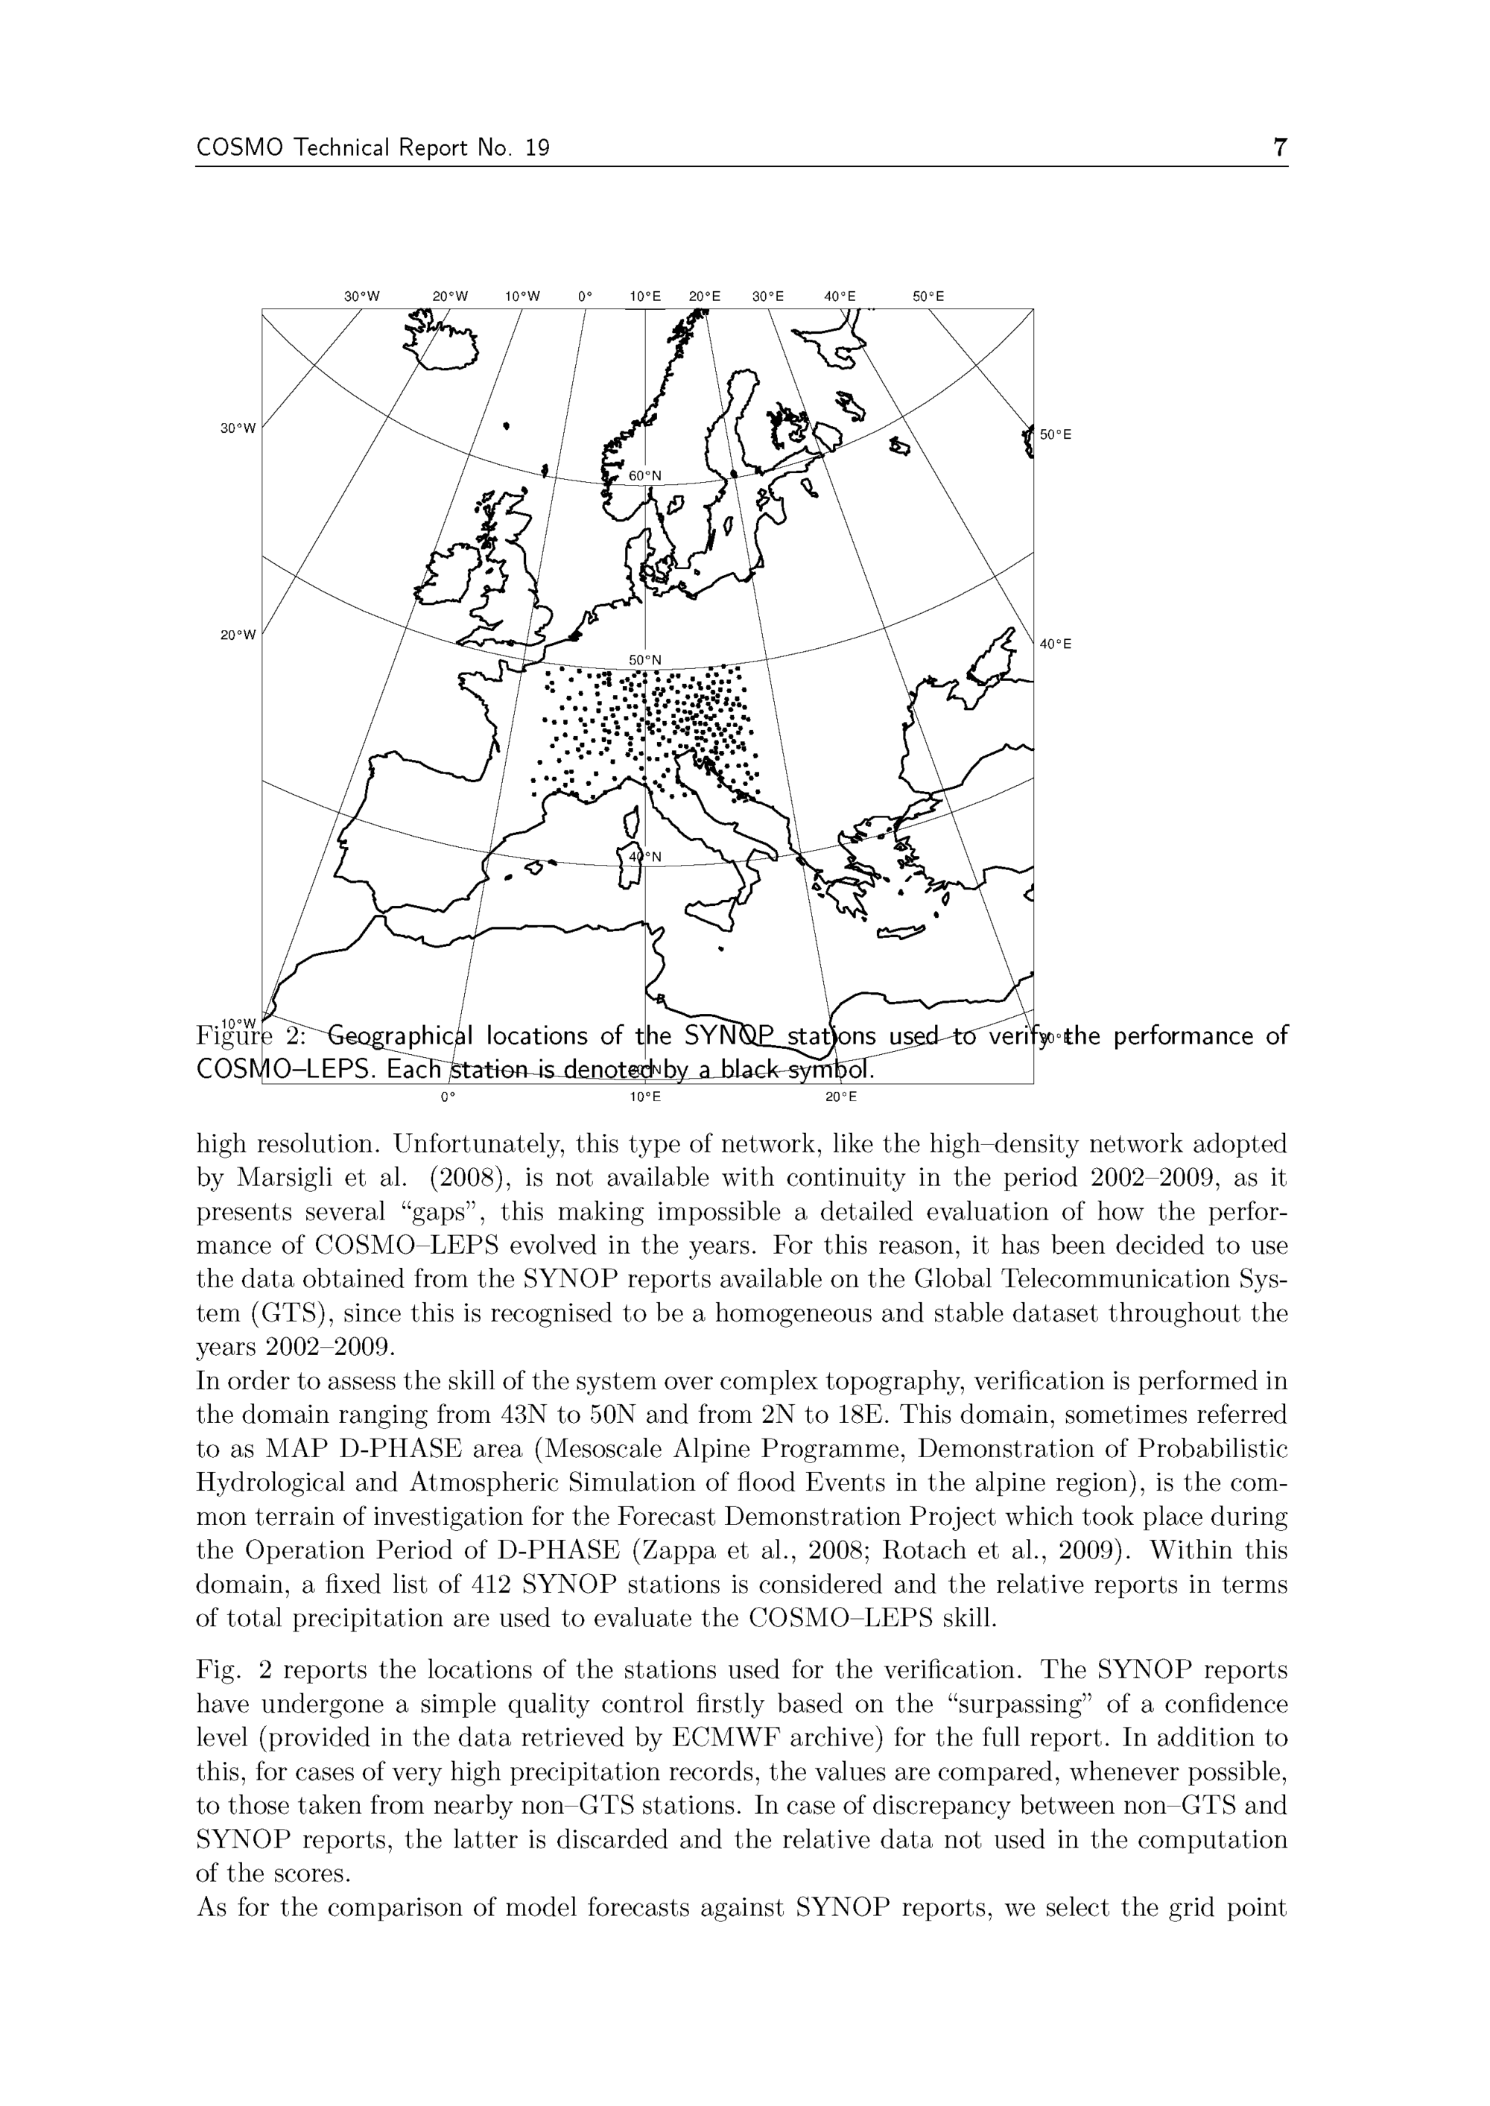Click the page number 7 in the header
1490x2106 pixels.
(1280, 148)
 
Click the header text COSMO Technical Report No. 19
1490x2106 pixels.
(372, 148)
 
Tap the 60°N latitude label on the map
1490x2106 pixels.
(645, 476)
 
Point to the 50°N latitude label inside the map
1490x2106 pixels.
(645, 659)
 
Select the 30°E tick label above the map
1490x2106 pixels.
(768, 296)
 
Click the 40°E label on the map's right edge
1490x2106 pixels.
(1055, 644)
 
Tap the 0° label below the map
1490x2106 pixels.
(447, 1096)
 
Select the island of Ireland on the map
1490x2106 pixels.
(445, 576)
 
